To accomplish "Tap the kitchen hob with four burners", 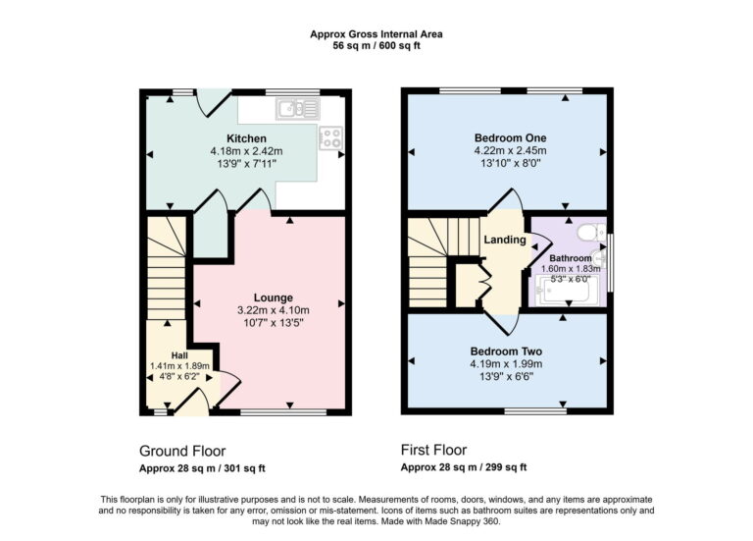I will click(331, 138).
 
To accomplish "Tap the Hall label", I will click(179, 355).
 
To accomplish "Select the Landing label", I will click(505, 240).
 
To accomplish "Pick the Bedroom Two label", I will click(506, 351).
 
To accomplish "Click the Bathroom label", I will click(571, 258).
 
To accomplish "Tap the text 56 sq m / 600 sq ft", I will click(376, 46).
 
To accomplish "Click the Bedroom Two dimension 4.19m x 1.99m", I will click(506, 363).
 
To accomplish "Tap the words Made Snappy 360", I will click(466, 520).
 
